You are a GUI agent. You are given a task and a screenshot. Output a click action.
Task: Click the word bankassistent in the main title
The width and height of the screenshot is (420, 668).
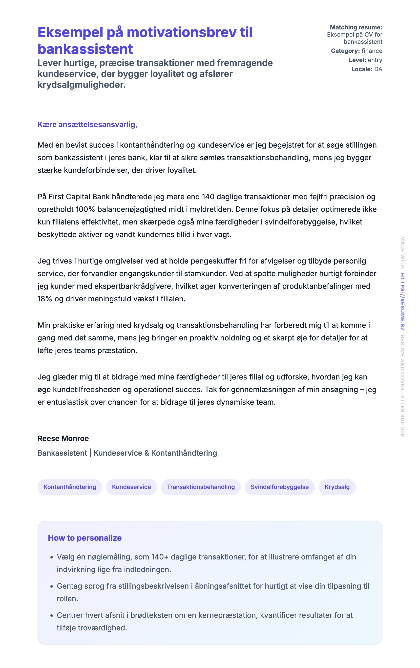[85, 49]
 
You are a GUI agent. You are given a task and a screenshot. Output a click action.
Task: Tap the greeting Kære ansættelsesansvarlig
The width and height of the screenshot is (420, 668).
[87, 125]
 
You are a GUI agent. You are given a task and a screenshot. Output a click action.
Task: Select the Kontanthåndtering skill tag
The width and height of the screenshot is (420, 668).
[70, 487]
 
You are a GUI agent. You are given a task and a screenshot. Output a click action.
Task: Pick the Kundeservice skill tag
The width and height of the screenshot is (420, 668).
[131, 487]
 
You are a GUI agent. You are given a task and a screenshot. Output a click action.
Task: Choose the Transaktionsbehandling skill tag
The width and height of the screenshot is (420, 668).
[201, 487]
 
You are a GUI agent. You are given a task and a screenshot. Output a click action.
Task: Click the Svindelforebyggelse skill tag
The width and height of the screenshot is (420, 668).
[279, 487]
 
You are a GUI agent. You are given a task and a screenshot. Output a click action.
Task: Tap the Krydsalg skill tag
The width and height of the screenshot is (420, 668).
[337, 487]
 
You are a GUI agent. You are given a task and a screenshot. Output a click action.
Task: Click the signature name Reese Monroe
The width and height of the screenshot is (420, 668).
[63, 439]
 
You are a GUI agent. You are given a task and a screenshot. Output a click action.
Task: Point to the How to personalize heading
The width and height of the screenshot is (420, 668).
[84, 538]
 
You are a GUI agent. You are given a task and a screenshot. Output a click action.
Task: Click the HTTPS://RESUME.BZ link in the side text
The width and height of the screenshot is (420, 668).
[402, 302]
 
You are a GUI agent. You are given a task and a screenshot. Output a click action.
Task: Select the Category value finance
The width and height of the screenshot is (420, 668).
[372, 51]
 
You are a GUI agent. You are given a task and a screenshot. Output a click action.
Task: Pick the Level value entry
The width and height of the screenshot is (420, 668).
[375, 60]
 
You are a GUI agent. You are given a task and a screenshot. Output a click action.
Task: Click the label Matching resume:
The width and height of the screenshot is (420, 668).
[356, 27]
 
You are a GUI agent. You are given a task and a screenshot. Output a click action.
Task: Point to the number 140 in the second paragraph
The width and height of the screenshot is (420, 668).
[208, 197]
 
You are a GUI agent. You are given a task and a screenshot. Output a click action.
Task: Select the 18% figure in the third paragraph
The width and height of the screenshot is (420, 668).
[45, 299]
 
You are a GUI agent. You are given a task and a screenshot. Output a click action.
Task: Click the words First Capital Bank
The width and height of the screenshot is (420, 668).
[79, 197]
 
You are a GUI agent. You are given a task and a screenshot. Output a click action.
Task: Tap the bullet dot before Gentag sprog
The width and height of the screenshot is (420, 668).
[52, 586]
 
